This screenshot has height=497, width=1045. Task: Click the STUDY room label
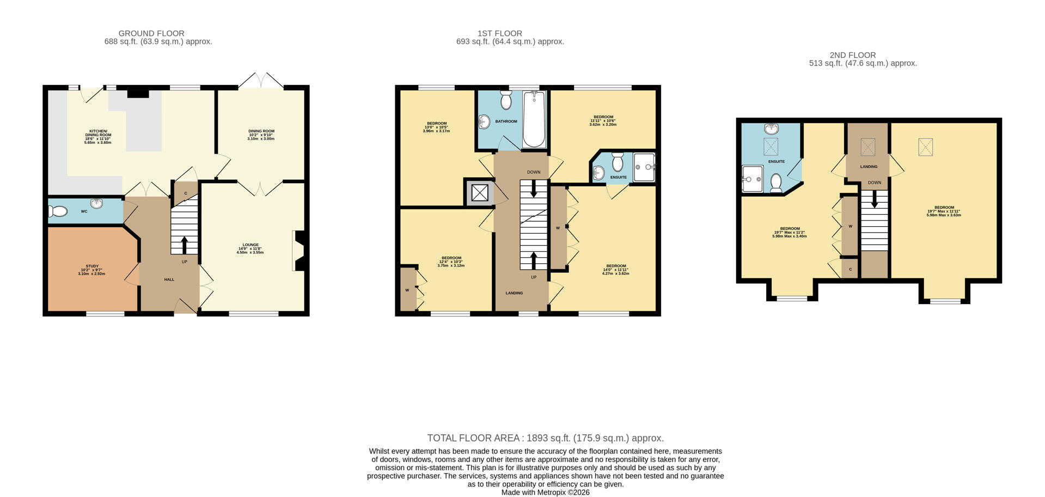(92, 266)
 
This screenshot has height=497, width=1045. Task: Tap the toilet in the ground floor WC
(58, 211)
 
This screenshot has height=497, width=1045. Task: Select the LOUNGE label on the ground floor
(250, 245)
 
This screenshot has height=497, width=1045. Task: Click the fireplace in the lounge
(298, 251)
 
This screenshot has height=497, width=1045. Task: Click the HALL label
(169, 280)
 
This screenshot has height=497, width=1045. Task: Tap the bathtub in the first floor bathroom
(534, 119)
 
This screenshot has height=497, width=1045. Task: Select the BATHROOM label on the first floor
(506, 122)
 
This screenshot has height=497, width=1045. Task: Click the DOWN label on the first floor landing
(534, 172)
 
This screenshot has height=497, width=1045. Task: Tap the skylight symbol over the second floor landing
(867, 147)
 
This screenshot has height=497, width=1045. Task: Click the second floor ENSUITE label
(776, 162)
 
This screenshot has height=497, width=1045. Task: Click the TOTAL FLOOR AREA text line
(545, 438)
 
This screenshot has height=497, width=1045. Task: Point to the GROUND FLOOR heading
(151, 33)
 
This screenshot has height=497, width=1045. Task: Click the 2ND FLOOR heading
(852, 55)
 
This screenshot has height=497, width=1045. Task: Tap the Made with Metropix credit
(545, 492)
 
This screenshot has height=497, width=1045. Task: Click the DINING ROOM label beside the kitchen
(261, 131)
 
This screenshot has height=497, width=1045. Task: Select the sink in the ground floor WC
(97, 204)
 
